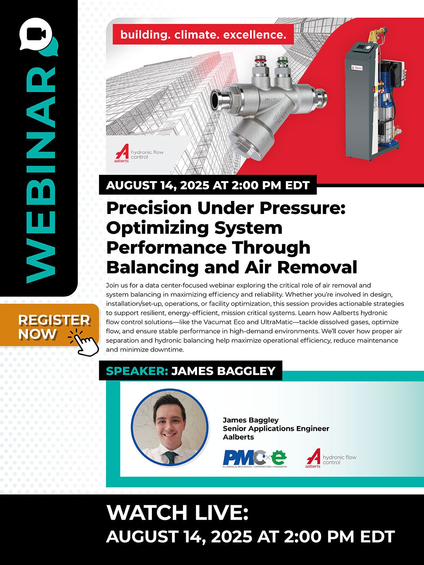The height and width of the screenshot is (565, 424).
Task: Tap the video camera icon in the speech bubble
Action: click(x=36, y=34)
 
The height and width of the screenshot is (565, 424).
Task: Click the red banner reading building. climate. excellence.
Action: click(x=203, y=35)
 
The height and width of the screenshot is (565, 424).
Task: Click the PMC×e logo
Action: click(x=255, y=459)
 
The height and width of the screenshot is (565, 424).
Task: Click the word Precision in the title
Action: click(x=149, y=208)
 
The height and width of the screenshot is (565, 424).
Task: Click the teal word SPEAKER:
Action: click(x=137, y=371)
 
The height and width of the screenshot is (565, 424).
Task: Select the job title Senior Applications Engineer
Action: click(x=276, y=429)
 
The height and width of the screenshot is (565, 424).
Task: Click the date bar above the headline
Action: click(x=208, y=185)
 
